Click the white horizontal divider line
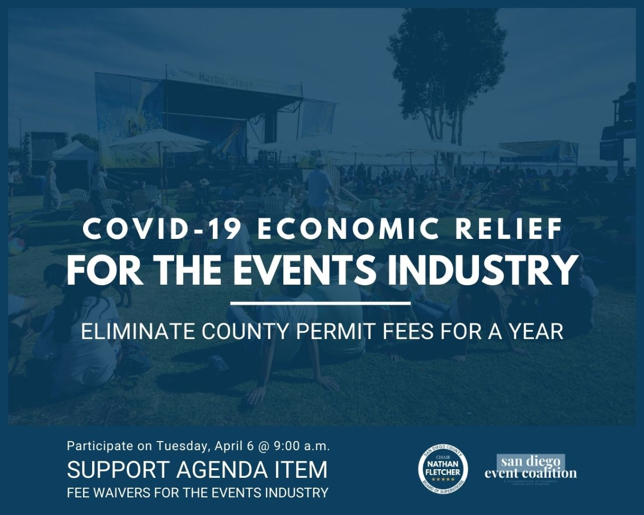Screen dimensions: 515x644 click(x=320, y=304)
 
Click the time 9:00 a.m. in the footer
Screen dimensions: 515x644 click(x=302, y=446)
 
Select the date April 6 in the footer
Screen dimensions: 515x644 click(x=232, y=446)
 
